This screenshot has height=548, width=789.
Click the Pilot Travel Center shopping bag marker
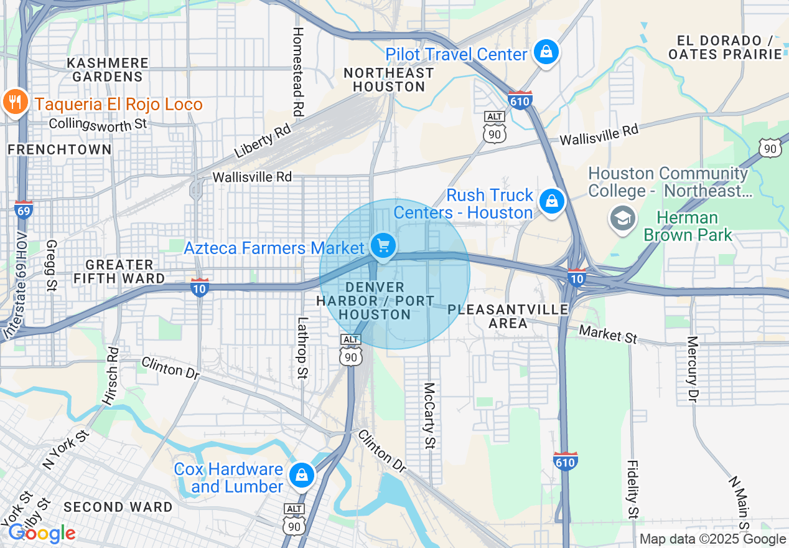pos(546,53)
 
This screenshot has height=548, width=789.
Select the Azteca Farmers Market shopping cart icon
pos(383,246)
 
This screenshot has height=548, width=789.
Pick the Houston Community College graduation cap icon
pos(622,219)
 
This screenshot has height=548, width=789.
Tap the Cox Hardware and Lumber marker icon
pos(302,475)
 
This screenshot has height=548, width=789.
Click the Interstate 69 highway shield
pos(24,210)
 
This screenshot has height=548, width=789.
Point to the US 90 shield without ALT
pos(770,147)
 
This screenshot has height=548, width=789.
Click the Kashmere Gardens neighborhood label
pos(108,70)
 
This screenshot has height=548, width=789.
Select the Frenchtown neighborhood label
pos(60,149)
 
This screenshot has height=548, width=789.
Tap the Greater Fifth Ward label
pos(119,272)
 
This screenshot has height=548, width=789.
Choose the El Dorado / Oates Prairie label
pos(725,47)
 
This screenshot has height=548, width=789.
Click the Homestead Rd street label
pos(298,72)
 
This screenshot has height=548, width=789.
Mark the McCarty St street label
pos(429,415)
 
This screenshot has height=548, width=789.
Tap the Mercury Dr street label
pos(692,368)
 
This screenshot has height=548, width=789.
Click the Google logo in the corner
pos(41,533)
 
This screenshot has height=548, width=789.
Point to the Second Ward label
pos(118,507)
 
